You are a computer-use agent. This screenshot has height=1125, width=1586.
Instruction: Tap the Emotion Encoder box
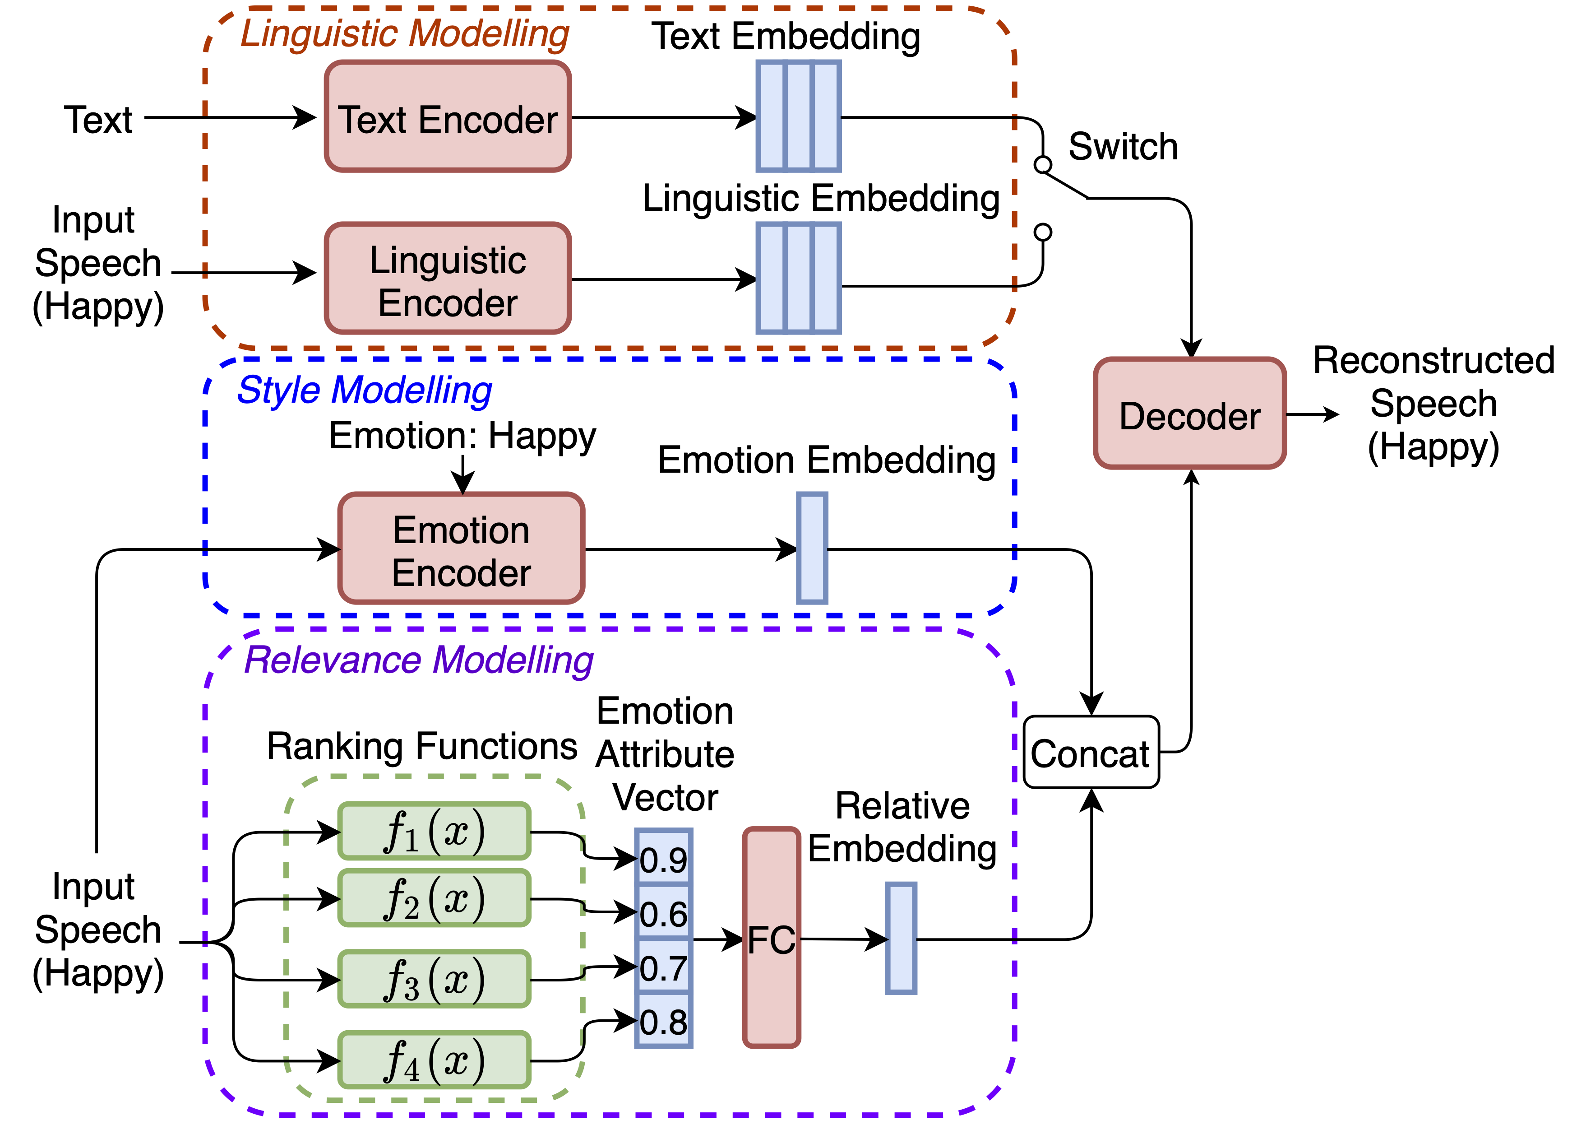(x=461, y=549)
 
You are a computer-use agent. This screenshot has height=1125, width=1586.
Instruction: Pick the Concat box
(x=1091, y=752)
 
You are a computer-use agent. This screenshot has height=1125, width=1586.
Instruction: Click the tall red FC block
(x=771, y=938)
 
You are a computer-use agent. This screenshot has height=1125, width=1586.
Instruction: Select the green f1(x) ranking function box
(x=434, y=831)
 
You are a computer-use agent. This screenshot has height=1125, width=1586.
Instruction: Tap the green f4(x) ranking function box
(x=434, y=1060)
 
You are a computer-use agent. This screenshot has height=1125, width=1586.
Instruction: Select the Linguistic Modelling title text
(x=405, y=33)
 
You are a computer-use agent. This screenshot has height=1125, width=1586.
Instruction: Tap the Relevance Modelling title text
(x=419, y=660)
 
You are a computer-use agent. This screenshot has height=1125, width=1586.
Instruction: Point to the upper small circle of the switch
(x=1043, y=165)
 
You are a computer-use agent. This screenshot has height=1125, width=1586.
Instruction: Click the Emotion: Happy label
(x=462, y=436)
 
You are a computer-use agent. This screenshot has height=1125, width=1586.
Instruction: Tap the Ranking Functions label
(x=421, y=746)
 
